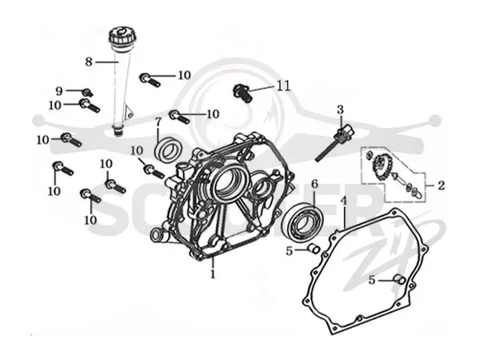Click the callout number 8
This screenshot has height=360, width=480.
[89, 62]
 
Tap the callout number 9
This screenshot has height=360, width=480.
[59, 91]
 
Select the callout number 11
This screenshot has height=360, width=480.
[283, 86]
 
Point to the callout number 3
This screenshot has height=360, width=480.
[341, 110]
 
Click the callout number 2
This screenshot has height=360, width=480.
[441, 186]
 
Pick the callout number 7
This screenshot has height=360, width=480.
[158, 122]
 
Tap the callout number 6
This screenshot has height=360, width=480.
[314, 184]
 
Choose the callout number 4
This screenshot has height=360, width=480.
[344, 202]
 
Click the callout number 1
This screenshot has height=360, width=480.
[213, 274]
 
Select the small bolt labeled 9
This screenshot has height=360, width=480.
[87, 91]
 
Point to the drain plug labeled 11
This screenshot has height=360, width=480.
[242, 94]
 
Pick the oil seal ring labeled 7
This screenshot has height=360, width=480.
[168, 149]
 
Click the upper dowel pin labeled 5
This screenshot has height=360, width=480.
[314, 248]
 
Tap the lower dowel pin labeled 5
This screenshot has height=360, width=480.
[399, 279]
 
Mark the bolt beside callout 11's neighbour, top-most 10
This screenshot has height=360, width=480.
[150, 79]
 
